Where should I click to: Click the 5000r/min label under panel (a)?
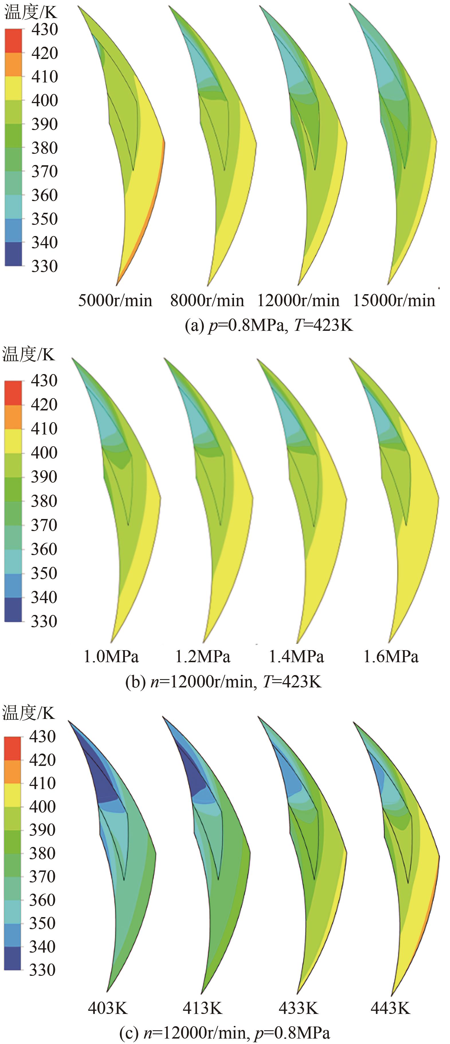(x=115, y=301)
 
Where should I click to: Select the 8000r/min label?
(x=207, y=301)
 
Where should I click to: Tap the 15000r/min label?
(x=394, y=301)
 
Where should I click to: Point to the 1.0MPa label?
(x=111, y=656)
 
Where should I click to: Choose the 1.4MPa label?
(x=296, y=656)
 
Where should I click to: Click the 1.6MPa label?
(x=390, y=656)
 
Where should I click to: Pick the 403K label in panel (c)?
(x=108, y=1008)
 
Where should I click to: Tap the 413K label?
(x=202, y=1008)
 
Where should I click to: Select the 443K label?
(x=390, y=1008)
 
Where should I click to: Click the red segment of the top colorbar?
(x=13, y=40)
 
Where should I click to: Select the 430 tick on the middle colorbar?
(x=44, y=381)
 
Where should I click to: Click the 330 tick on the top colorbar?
(x=45, y=266)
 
